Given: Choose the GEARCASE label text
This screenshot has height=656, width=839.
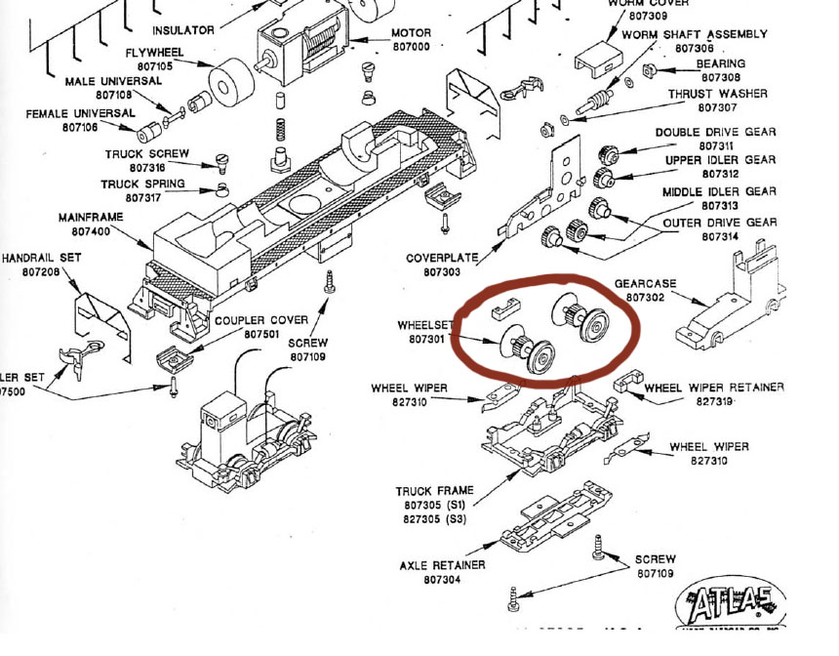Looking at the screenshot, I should pos(645,283).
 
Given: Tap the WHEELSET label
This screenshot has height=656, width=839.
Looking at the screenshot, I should pos(421,325).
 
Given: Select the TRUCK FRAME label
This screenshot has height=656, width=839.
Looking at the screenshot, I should pos(434,492).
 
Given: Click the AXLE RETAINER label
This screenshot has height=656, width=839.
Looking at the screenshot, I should pos(442,565).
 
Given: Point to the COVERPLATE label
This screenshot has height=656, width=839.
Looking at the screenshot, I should pos(442,258).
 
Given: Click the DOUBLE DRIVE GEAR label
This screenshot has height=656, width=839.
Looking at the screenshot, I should pos(715,133).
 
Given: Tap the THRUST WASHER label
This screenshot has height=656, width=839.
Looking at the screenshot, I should pos(717,94).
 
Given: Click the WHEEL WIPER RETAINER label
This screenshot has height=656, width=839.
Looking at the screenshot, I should pos(713,388).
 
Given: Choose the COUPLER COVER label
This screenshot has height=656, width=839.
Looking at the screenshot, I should pos(261,320).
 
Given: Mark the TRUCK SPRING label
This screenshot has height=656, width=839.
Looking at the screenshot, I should pos(144,184).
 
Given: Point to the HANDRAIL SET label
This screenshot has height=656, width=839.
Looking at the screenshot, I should pos(41,258).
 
